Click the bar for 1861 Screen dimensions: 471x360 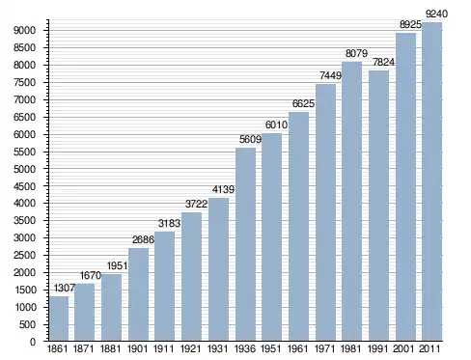click(x=59, y=318)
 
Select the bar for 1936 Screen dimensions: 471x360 click(x=245, y=244)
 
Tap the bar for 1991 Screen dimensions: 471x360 click(x=378, y=206)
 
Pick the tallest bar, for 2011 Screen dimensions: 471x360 click(x=431, y=181)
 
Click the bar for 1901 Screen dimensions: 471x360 click(x=138, y=294)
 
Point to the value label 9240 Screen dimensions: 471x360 click(x=436, y=14)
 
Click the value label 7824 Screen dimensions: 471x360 click(x=383, y=62)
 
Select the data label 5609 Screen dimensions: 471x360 click(x=250, y=139)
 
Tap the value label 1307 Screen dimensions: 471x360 click(x=65, y=288)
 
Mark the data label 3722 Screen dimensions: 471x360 click(x=196, y=204)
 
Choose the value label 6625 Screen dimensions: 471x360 click(x=303, y=103)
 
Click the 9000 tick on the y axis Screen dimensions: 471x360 click(x=24, y=31)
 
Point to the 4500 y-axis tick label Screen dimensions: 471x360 click(x=24, y=186)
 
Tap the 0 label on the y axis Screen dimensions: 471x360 click(x=33, y=342)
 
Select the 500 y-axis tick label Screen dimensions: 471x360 click(x=27, y=324)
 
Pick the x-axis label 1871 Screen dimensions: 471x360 click(x=84, y=348)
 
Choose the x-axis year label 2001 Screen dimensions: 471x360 click(x=403, y=348)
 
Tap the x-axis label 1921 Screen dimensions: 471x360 click(x=191, y=348)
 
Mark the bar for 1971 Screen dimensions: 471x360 click(x=325, y=212)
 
